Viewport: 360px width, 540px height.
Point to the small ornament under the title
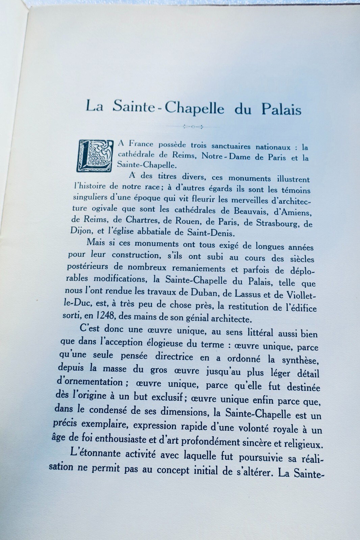pyautogui.click(x=193, y=127)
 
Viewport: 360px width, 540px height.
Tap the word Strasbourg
pyautogui.click(x=278, y=223)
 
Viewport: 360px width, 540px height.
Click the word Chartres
pyautogui.click(x=141, y=220)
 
